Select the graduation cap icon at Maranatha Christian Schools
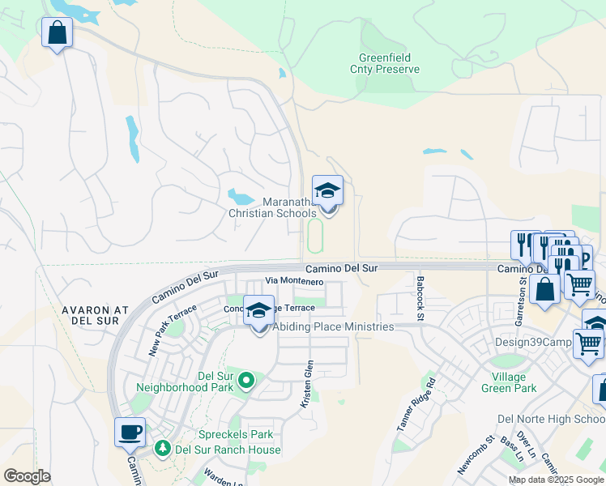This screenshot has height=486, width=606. point(327,191)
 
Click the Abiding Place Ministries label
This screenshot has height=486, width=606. point(333,326)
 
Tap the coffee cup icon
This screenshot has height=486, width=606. point(130,433)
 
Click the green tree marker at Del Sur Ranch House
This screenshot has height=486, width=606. point(163,449)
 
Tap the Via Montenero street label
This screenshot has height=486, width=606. point(295,281)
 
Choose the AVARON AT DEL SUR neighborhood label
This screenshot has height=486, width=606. point(90,316)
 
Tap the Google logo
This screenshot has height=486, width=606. point(27,476)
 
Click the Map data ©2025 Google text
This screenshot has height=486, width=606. point(555,480)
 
